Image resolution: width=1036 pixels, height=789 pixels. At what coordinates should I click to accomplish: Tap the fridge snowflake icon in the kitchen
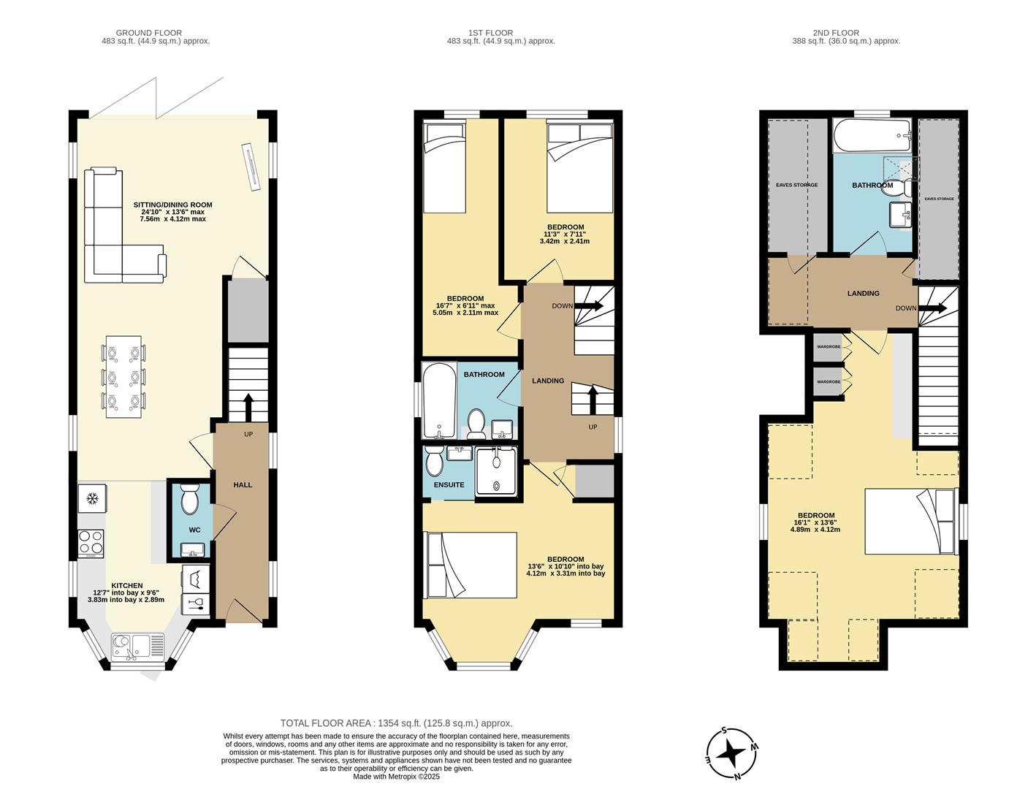point(93,500)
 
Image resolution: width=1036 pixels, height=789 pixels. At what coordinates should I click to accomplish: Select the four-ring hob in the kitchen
point(91,543)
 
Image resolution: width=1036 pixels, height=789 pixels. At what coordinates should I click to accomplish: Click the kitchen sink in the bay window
point(132,647)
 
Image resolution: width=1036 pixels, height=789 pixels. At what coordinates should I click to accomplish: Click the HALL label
point(242,484)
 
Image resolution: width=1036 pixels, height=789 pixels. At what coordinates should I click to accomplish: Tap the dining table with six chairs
point(123,376)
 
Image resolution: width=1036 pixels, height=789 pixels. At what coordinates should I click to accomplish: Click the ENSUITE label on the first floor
point(449,484)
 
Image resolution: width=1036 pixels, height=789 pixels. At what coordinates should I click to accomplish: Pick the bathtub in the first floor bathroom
point(438,400)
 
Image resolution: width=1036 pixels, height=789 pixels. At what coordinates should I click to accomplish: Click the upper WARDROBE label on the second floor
point(829,346)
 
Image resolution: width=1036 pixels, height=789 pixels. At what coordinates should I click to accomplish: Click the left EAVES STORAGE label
point(796,185)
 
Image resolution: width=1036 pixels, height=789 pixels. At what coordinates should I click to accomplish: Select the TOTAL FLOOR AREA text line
point(397,723)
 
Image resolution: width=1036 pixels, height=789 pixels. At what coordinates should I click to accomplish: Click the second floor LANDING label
point(863,293)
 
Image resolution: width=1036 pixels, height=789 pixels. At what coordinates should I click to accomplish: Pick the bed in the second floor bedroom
point(910,522)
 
